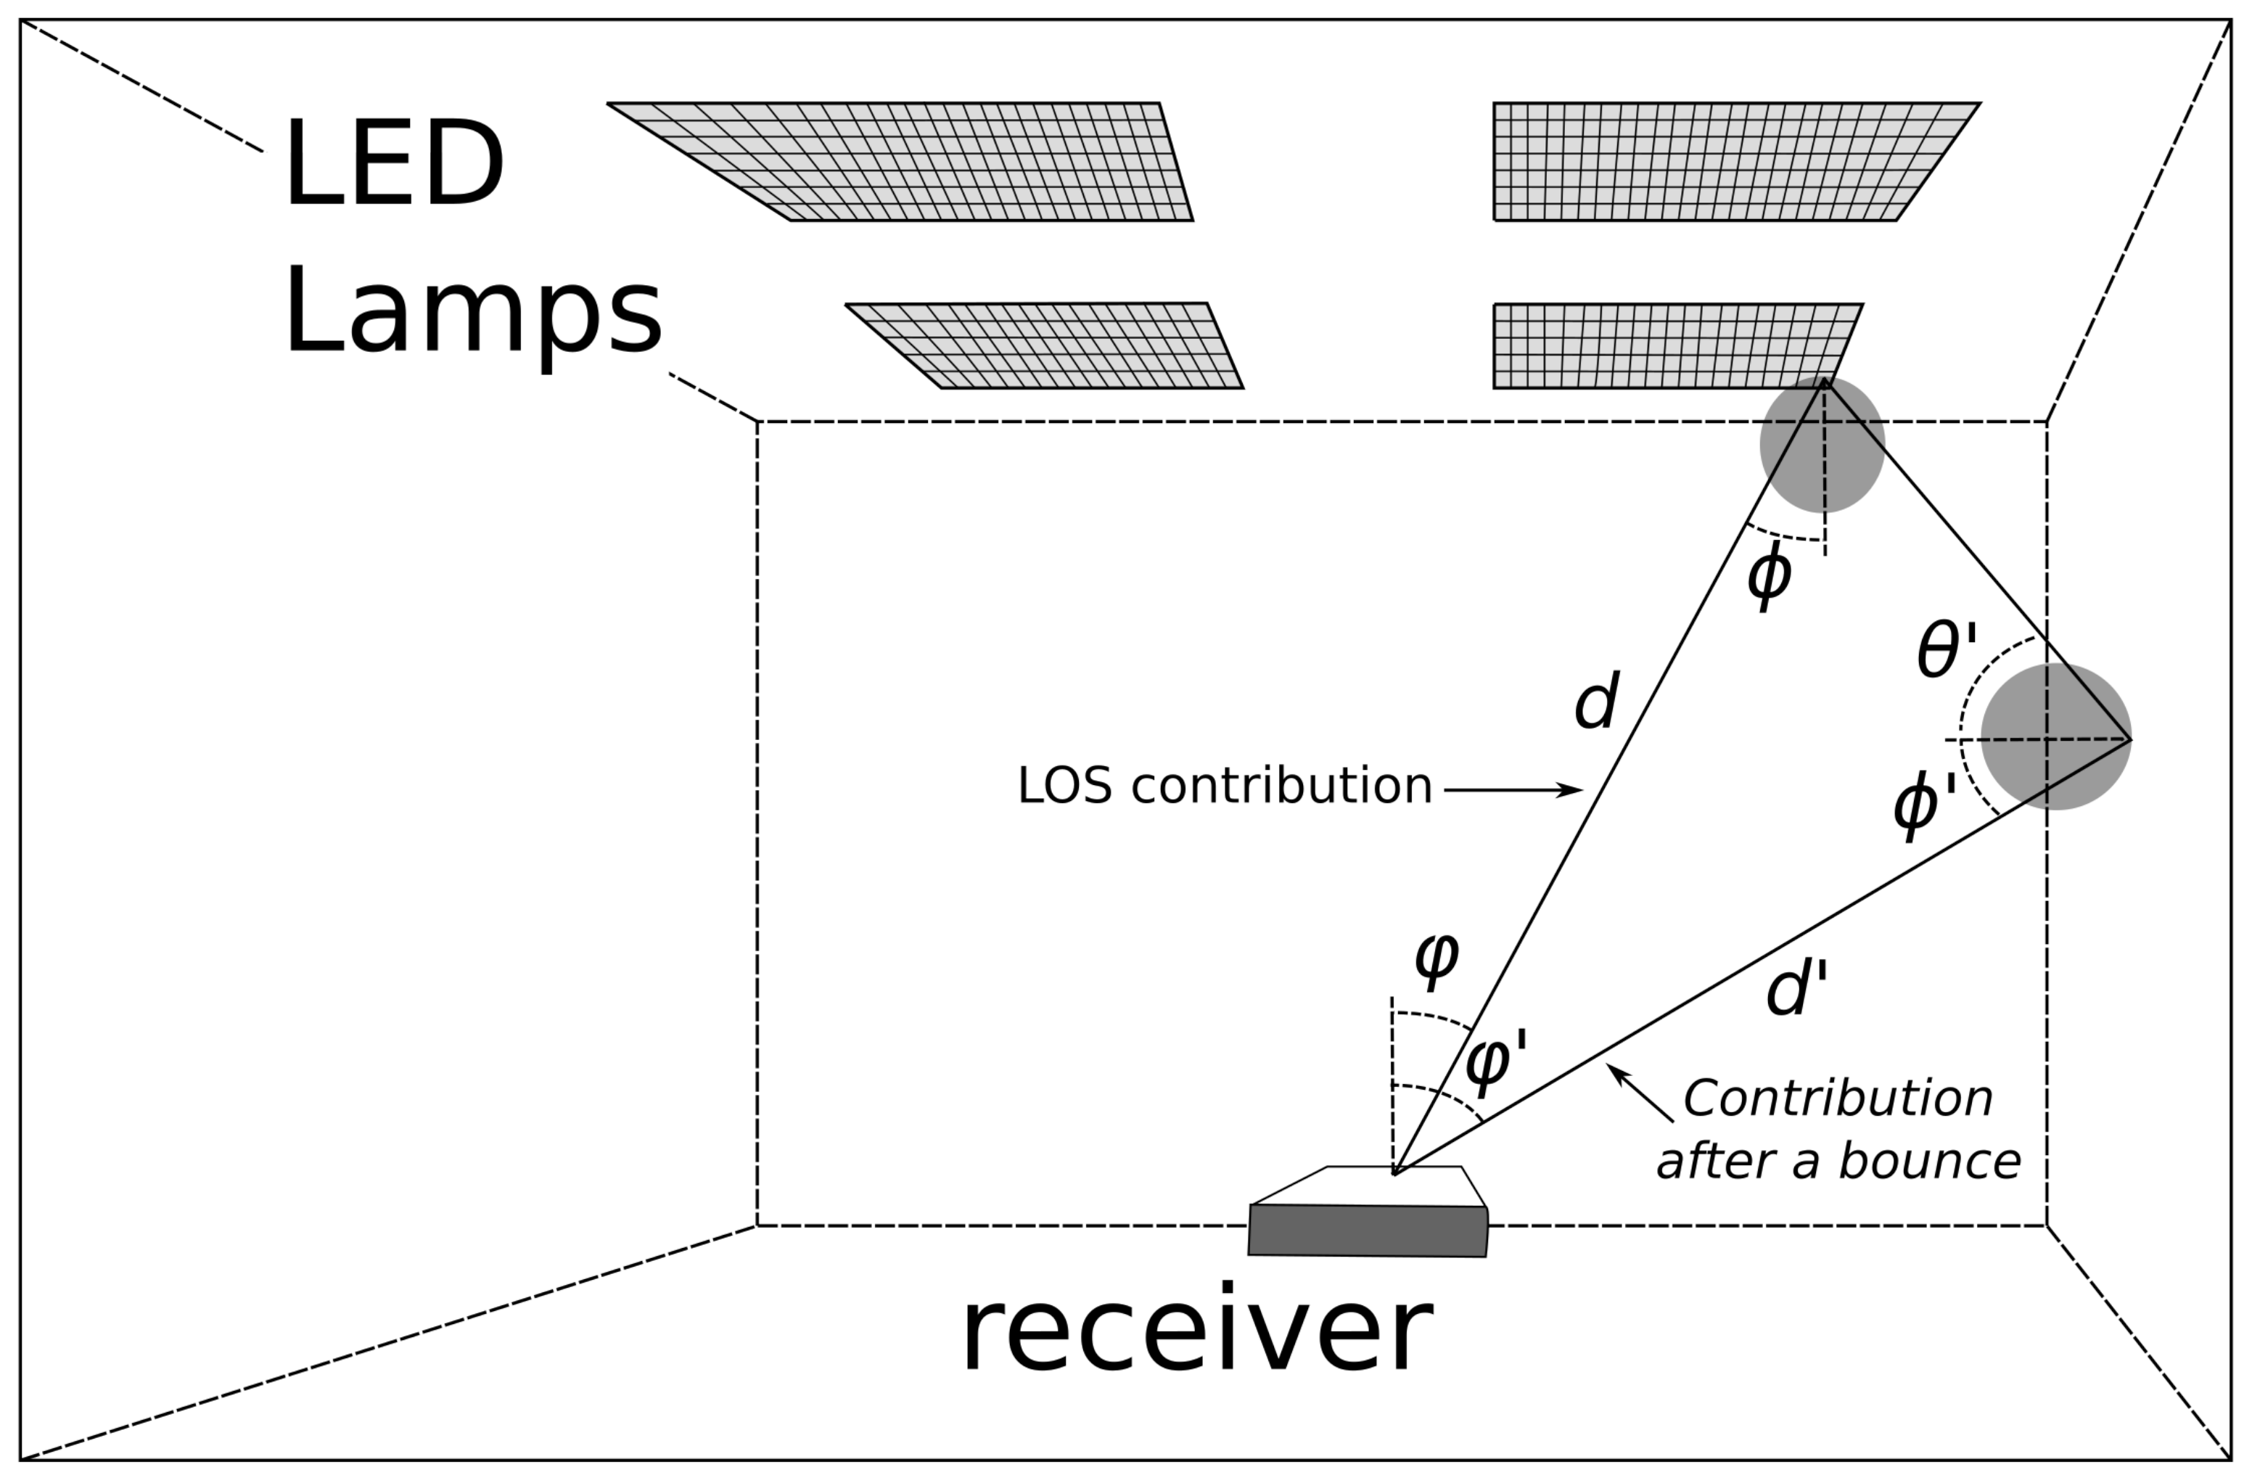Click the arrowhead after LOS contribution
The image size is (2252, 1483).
click(x=1571, y=789)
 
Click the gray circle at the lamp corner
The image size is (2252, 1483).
click(x=1822, y=445)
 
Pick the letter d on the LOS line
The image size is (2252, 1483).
click(x=1595, y=702)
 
